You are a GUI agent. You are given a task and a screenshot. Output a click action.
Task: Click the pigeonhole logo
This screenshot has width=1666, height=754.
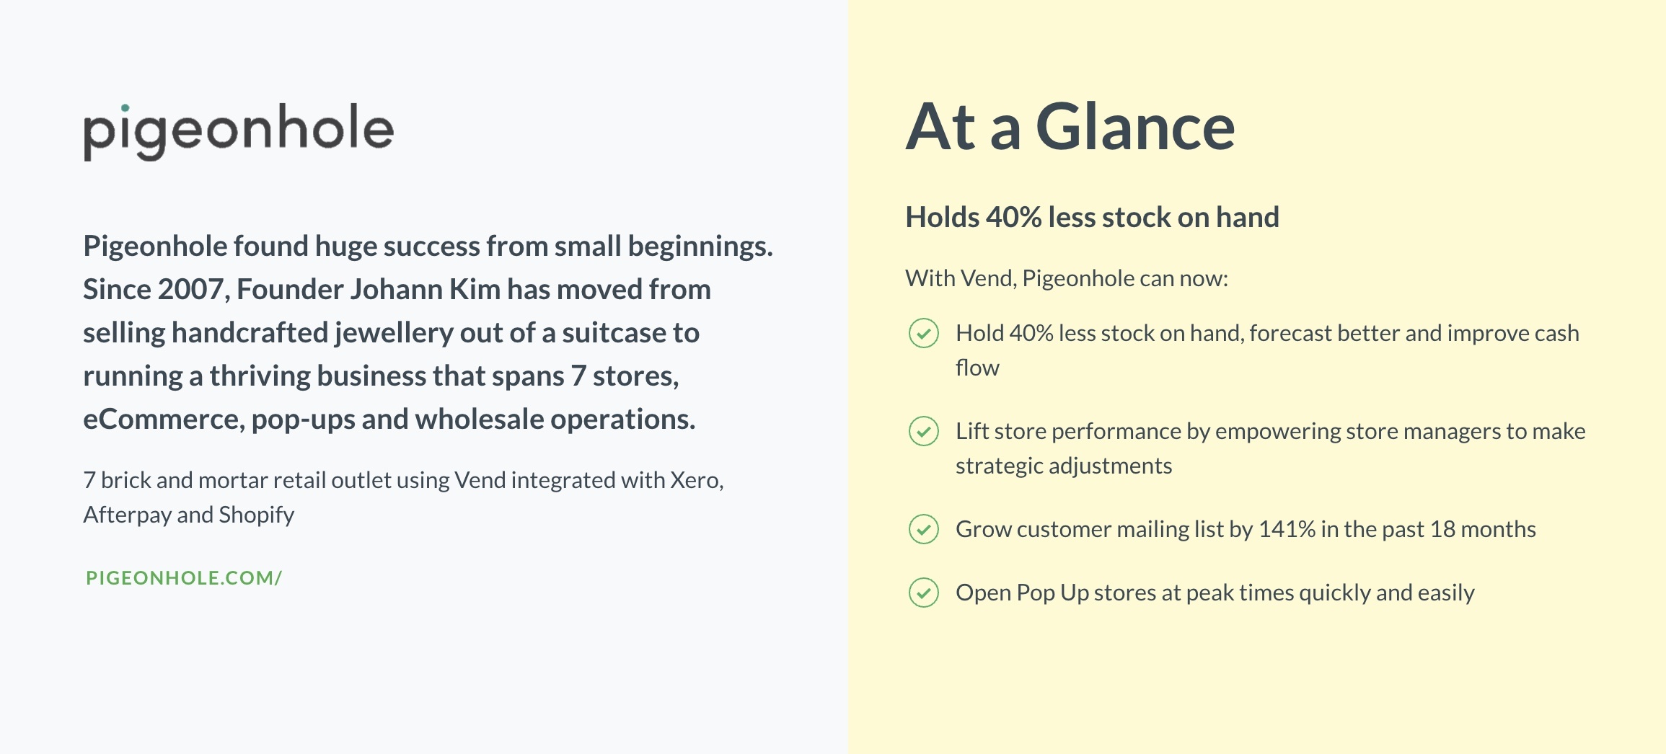[x=239, y=131]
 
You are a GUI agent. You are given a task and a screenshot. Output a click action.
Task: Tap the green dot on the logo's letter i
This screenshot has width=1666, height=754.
[x=125, y=108]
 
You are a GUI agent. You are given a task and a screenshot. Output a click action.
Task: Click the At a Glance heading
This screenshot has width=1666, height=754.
[x=1070, y=127]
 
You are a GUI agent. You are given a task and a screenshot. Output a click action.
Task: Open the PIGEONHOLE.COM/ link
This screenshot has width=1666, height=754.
[x=184, y=578]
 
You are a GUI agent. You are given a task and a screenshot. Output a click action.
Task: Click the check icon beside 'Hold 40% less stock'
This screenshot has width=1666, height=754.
[x=923, y=333]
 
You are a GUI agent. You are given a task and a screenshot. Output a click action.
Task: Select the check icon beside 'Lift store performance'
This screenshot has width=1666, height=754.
[x=923, y=431]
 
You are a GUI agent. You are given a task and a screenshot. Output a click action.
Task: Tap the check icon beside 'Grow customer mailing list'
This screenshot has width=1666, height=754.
[x=923, y=529]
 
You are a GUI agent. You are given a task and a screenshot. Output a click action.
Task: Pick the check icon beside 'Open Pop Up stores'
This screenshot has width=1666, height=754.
[x=923, y=593]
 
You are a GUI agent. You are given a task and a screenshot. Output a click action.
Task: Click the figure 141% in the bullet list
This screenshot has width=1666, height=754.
[x=1287, y=529]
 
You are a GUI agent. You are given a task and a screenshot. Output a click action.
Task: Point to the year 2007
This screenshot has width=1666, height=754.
[x=192, y=289]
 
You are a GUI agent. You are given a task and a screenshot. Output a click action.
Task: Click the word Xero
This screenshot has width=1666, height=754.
[x=697, y=480]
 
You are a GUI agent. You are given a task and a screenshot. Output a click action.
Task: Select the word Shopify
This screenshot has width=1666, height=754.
[x=257, y=515]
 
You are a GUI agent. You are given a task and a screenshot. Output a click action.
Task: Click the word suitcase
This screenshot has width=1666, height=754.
[x=614, y=332]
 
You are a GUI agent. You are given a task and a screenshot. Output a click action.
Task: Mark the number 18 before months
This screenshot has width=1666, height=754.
[x=1443, y=529]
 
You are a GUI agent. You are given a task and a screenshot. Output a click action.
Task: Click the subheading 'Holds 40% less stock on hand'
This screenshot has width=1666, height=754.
[x=1093, y=217]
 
